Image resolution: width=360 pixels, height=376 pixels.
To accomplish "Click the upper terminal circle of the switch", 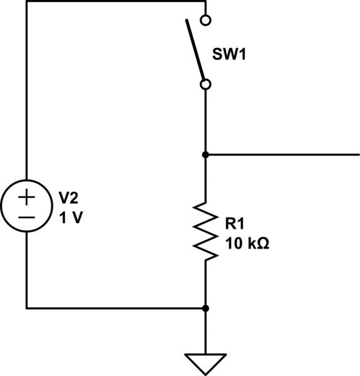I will [x=205, y=20].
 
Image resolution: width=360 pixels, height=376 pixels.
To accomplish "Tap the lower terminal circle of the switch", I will [x=205, y=83].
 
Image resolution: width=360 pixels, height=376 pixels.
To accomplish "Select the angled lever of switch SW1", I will [x=195, y=50].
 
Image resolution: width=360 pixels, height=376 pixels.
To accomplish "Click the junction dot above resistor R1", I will [x=205, y=154].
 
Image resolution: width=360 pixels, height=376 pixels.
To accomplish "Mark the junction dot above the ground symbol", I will [x=205, y=308].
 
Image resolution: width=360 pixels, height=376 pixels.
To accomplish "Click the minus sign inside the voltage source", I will [x=26, y=217].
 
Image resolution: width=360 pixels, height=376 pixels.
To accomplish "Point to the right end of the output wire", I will [x=357, y=154].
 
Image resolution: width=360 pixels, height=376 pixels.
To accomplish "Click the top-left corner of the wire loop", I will [x=26, y=1].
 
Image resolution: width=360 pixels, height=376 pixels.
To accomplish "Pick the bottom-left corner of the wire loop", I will [x=26, y=308].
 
